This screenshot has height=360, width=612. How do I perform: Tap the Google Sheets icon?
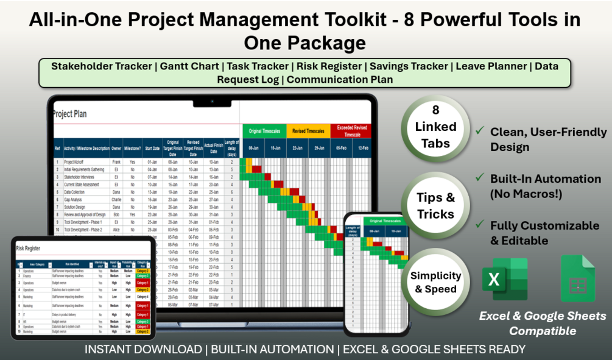pos(577,279)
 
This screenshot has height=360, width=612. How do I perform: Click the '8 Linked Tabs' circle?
pos(435,127)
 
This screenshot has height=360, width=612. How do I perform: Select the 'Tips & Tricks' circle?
pos(435,206)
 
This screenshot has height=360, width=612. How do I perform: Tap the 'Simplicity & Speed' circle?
pos(435,282)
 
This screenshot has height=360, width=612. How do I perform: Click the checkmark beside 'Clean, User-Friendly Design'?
pos(480,131)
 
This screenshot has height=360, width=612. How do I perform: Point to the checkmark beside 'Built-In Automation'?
pos(480,178)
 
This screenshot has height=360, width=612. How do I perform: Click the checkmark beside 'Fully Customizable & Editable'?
pos(480,225)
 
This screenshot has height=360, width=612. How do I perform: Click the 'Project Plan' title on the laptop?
pos(71,114)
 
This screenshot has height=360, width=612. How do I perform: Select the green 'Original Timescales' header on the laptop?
pos(264,131)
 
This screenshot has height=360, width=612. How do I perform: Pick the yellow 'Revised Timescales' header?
pos(308,131)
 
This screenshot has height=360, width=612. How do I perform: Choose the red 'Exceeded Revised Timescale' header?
pos(350,131)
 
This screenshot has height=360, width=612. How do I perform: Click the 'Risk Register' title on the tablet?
pos(29,249)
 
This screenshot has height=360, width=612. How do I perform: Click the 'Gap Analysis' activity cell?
pos(76,199)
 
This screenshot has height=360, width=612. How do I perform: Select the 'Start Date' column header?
pos(152,148)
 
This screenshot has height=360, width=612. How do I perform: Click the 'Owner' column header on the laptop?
pos(116,148)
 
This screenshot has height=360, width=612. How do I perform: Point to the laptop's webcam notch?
pos(212,101)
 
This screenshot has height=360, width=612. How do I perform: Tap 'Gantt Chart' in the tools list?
pos(190,66)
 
